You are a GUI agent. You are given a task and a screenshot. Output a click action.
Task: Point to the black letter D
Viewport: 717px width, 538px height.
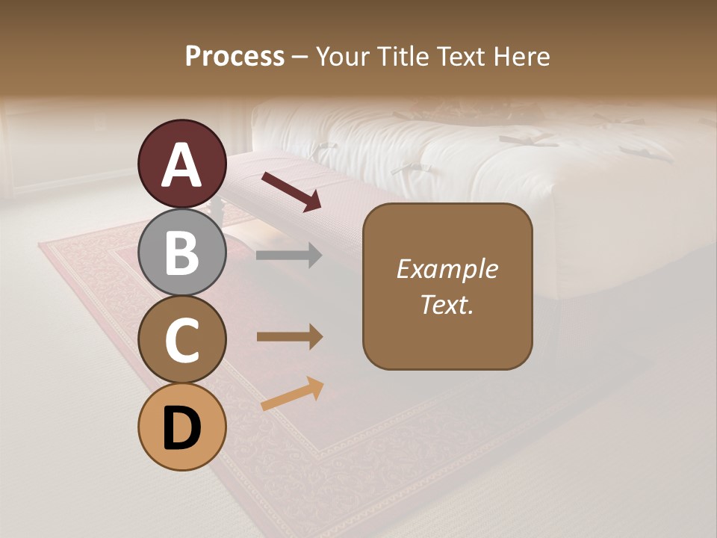coord(182,429)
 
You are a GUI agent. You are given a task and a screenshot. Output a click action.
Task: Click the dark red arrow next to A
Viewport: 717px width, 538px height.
coord(291,191)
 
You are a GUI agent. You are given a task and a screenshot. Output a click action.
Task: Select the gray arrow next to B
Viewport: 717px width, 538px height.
coord(289,256)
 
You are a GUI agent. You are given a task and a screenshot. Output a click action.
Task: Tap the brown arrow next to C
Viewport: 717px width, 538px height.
coord(289,337)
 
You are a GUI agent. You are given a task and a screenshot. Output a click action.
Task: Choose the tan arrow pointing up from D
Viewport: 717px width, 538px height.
coord(292,394)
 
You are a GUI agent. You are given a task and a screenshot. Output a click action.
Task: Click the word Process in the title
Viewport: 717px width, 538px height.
coord(235,57)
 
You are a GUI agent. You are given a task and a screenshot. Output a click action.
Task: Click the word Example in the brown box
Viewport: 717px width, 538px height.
coord(447,269)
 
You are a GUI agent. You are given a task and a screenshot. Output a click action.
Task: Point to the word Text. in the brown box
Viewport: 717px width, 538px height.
coord(447,305)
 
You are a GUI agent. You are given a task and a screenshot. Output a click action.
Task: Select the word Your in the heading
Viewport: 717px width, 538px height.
coord(342,57)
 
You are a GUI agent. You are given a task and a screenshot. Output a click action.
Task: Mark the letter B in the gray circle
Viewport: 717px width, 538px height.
coord(182,253)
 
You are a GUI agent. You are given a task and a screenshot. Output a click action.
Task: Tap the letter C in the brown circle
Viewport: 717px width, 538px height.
coord(182,341)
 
